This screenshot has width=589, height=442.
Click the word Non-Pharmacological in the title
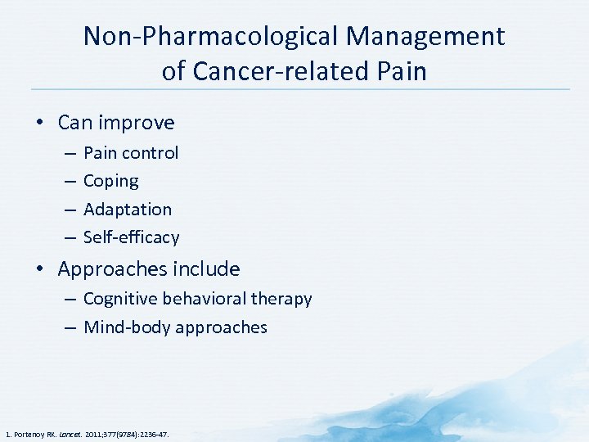pyautogui.click(x=210, y=36)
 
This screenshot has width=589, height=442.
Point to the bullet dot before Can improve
pyautogui.click(x=38, y=124)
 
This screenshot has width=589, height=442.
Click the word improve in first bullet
pyautogui.click(x=138, y=123)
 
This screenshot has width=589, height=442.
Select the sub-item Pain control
pyautogui.click(x=131, y=153)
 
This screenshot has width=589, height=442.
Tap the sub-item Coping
pyautogui.click(x=110, y=181)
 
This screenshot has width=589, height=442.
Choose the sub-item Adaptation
pyautogui.click(x=128, y=210)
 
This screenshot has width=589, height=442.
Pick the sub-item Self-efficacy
pyautogui.click(x=131, y=237)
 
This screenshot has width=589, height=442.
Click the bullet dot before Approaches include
pyautogui.click(x=38, y=270)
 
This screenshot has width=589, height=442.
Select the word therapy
pyautogui.click(x=284, y=300)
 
